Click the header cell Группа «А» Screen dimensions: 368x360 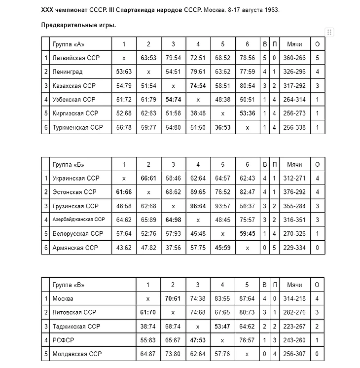tap(67, 44)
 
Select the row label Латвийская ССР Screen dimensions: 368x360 tap(76, 58)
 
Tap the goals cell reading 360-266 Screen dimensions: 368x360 tap(294, 58)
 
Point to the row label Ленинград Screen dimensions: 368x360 tap(68, 72)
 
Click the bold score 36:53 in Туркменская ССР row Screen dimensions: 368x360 tap(222, 127)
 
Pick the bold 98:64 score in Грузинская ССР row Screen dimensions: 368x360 tap(198, 206)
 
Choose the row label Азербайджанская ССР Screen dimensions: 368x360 tap(78, 220)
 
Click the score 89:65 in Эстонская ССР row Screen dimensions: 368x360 tap(198, 192)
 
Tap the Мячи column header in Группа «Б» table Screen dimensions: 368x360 tap(294, 164)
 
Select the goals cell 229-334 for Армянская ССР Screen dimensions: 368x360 tap(294, 248)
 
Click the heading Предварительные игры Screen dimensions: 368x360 tap(78, 25)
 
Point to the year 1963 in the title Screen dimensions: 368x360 tap(271, 9)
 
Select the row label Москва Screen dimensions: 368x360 tap(63, 298)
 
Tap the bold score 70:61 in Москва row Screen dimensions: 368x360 tap(173, 298)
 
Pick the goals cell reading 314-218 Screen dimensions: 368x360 tap(294, 298)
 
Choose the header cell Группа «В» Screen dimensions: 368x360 tap(67, 285)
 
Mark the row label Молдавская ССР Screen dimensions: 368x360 tap(77, 354)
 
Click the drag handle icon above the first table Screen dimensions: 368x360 tap(330, 32)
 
